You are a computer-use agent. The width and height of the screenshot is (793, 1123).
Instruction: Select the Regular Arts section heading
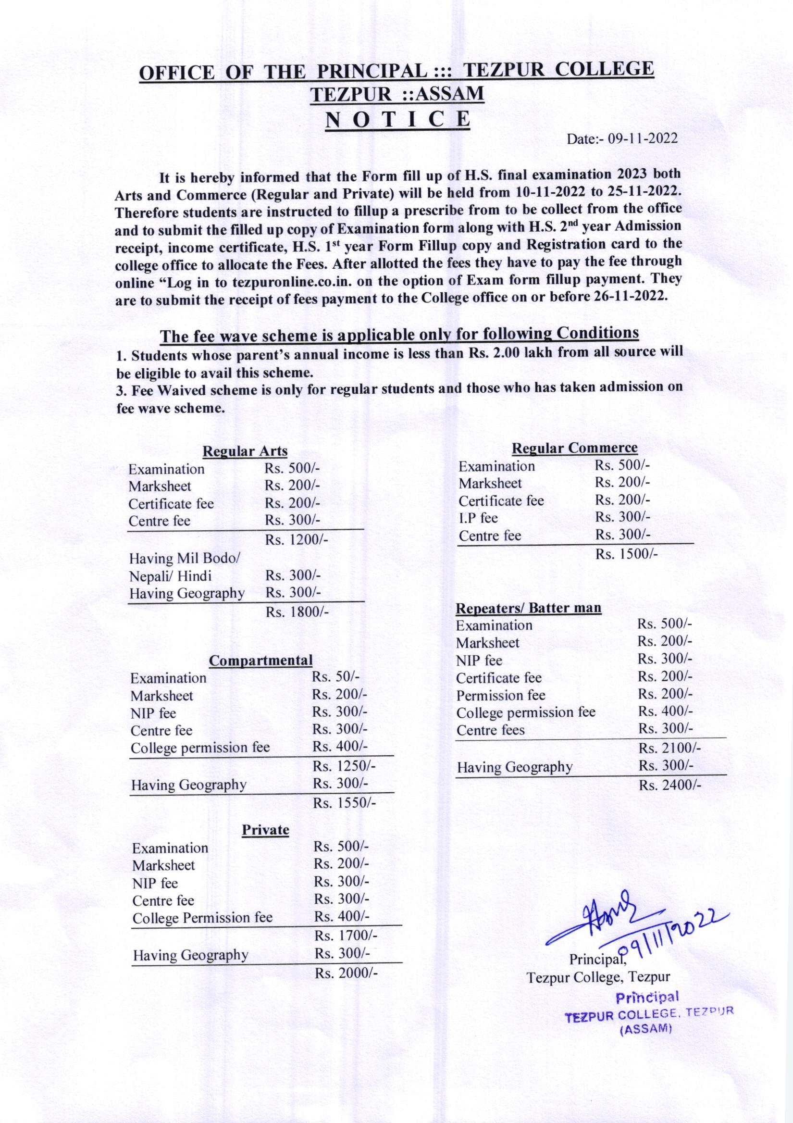coord(245,451)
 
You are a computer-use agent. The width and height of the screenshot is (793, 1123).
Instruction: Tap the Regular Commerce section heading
coord(574,448)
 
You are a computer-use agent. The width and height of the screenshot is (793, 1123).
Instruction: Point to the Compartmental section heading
coord(260,661)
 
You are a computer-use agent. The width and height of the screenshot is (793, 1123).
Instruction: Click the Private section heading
coord(265,830)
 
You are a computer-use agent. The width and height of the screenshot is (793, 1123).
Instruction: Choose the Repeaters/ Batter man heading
coord(529,609)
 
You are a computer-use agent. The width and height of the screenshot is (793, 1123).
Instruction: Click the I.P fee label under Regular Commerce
coord(478,517)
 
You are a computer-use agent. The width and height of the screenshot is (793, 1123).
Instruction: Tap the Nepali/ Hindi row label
coord(170,576)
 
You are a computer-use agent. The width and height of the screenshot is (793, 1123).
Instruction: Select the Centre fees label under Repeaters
coord(490,730)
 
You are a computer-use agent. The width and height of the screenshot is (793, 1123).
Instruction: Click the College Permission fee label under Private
coord(202,918)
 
